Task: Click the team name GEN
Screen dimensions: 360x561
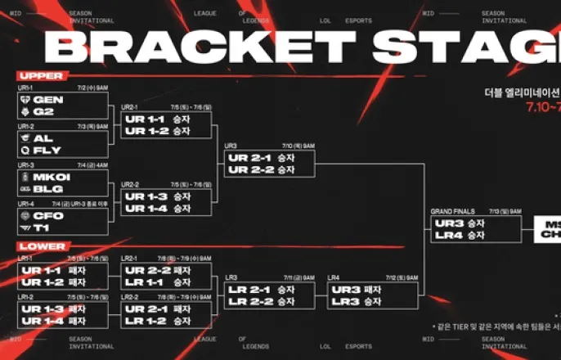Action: (x=48, y=100)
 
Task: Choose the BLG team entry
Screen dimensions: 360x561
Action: (x=47, y=189)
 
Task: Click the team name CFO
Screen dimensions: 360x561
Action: (x=48, y=216)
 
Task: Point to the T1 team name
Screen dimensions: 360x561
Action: (x=43, y=228)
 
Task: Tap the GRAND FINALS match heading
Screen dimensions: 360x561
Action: (x=453, y=212)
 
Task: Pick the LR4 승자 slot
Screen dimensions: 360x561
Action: (x=460, y=235)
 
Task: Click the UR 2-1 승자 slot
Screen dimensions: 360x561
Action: (x=260, y=158)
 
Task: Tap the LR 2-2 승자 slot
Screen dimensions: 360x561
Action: (x=260, y=302)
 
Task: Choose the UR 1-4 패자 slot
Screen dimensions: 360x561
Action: (x=53, y=321)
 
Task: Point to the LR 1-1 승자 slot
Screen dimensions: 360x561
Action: (x=157, y=281)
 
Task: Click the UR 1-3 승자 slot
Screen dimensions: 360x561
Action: (x=157, y=196)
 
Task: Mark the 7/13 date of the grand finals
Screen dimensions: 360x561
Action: (x=495, y=212)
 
